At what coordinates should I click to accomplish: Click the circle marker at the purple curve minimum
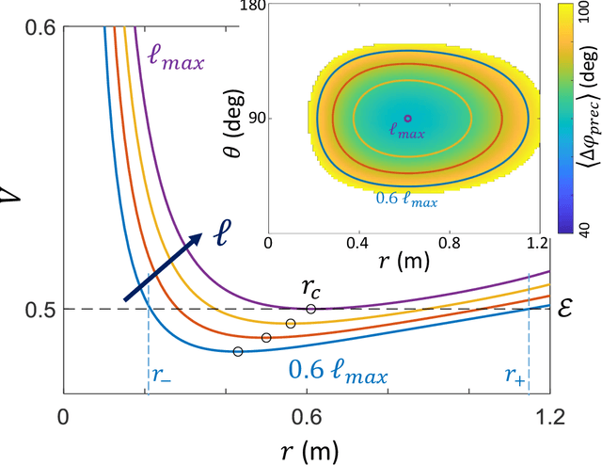pos(311,309)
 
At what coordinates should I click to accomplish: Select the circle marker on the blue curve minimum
pos(237,351)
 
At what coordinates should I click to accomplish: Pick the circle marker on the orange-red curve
pos(266,337)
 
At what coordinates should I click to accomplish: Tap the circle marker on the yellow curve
pos(291,323)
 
